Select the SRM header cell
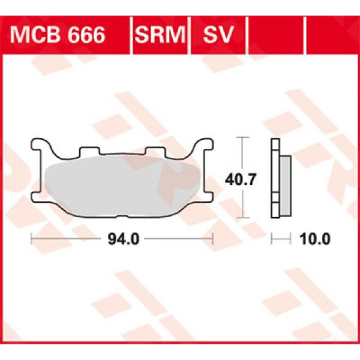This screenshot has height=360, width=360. [x=160, y=35]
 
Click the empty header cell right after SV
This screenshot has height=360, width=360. [x=276, y=35]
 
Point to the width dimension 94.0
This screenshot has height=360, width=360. [x=124, y=239]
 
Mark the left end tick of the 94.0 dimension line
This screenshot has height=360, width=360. [x=31, y=239]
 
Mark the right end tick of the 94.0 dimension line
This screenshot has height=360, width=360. [x=213, y=239]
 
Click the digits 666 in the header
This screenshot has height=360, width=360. [x=85, y=35]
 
